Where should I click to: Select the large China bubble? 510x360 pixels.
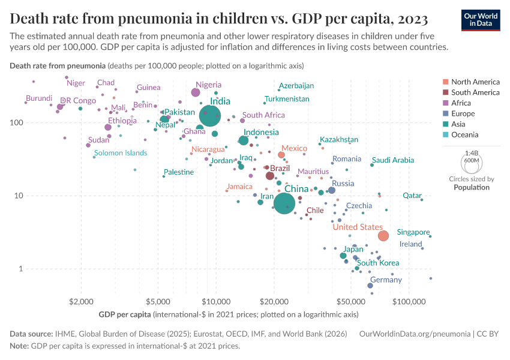pos(285,205)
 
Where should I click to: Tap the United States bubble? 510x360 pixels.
pos(383,236)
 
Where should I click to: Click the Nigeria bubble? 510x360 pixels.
pos(196,92)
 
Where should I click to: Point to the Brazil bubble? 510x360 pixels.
pos(270,176)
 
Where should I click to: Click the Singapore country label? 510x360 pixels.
pos(413,232)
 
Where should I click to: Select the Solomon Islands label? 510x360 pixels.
pos(120,153)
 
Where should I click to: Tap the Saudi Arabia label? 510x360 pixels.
pos(393,160)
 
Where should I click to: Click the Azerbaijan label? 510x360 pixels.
pos(296,86)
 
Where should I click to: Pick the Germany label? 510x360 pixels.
pos(386,280)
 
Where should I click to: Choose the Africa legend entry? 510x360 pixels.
pos(462,103)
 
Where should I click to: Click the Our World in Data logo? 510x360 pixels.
pos(481,20)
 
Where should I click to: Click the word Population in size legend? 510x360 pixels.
pos(471,187)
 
